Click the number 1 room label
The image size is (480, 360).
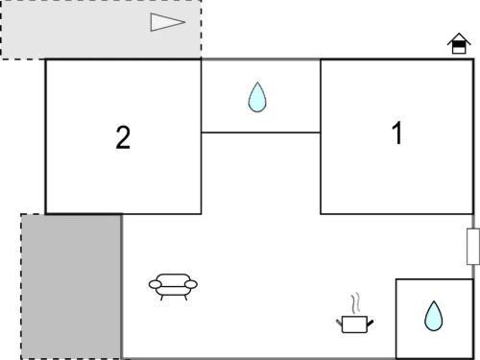point(397,132)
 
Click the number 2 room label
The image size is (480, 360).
point(123,137)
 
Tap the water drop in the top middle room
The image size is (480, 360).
point(257,97)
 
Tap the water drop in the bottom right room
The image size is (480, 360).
point(434,316)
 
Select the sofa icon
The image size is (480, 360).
point(173,287)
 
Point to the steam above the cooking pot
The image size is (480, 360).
point(355,303)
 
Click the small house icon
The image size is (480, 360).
point(459,43)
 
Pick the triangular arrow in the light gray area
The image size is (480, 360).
point(168,22)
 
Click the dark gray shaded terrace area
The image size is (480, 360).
point(71,286)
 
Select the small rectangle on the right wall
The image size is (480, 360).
point(473,247)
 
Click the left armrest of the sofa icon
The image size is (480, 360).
point(156,284)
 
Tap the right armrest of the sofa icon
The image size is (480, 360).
point(191,284)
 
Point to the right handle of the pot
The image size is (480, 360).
point(371,324)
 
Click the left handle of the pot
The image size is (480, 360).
point(339,323)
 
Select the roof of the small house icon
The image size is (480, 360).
point(459,38)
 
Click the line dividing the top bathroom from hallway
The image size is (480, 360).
point(261,132)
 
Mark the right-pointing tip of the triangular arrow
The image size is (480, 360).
point(185,22)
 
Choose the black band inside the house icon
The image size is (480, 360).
point(459,44)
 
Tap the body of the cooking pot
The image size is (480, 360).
point(354,324)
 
